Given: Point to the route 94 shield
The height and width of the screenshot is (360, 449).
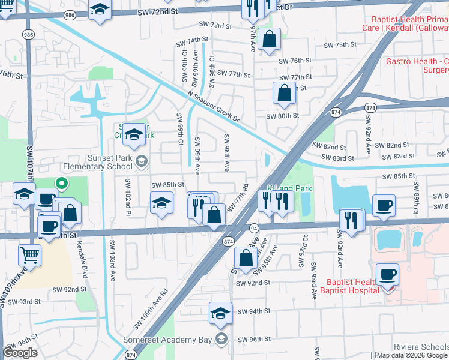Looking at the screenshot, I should (255, 228).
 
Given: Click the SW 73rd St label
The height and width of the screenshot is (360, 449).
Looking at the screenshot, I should (216, 26).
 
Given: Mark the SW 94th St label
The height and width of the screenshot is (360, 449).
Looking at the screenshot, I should (253, 311).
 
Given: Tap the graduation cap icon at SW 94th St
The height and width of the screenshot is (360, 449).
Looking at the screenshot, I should (220, 313).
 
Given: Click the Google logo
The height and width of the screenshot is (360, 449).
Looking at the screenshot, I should (20, 352).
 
